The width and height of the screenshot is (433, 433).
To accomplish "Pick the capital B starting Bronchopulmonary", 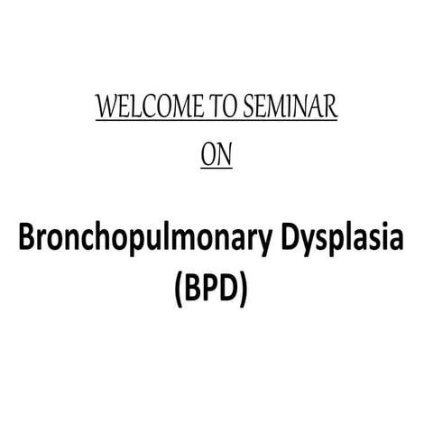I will [28, 242].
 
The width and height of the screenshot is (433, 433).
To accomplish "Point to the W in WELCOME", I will [105, 109].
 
